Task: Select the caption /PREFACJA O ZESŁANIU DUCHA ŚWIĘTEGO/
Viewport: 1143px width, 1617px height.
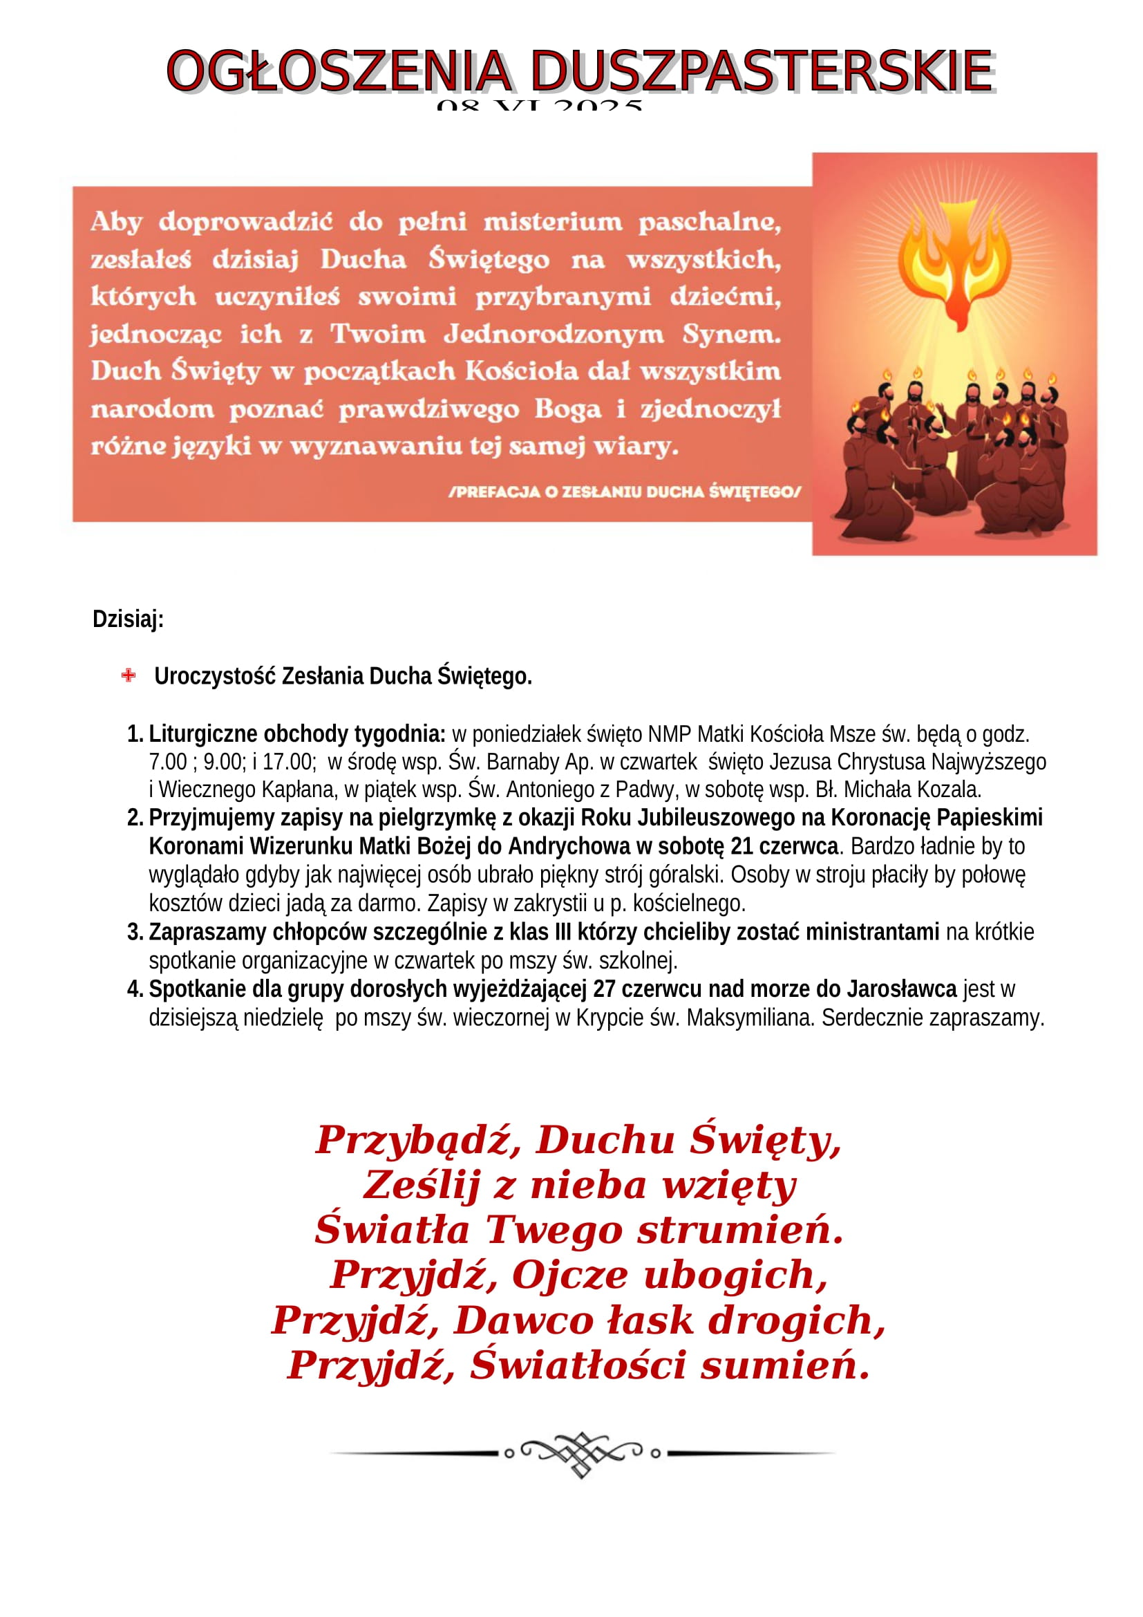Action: (x=624, y=492)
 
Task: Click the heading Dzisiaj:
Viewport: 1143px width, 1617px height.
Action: (x=128, y=619)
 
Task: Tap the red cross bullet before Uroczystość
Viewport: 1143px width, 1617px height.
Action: (x=128, y=675)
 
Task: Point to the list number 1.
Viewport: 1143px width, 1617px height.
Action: (x=135, y=734)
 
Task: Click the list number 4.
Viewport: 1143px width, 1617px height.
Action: (x=135, y=989)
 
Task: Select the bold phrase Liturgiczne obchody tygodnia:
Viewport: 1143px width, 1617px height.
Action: (x=297, y=734)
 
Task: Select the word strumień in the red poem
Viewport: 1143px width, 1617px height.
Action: (x=739, y=1231)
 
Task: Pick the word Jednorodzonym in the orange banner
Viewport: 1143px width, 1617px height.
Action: (x=554, y=333)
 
